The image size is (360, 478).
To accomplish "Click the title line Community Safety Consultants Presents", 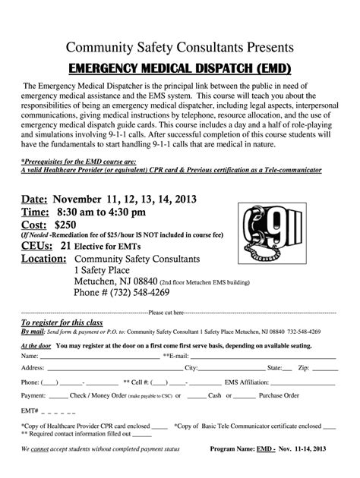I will point(180,48).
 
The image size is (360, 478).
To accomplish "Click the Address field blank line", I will point(113,369).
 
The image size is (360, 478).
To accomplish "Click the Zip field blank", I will point(323,369).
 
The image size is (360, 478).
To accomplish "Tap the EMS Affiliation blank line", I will point(304,382).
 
